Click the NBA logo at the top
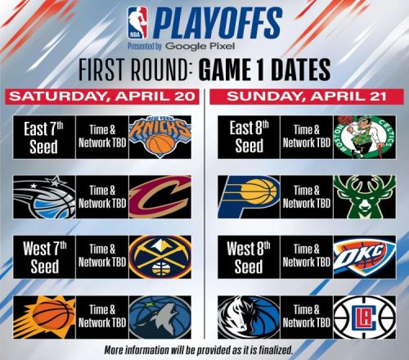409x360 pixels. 137,22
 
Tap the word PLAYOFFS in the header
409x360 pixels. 218,23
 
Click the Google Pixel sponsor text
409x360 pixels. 200,46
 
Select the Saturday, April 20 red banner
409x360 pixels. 102,97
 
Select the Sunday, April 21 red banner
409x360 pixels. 307,97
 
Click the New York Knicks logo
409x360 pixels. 160,137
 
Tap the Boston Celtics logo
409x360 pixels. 365,137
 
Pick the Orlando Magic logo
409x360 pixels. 44,197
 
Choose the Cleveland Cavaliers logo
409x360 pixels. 160,197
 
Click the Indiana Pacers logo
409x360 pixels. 249,197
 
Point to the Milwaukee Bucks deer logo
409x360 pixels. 365,197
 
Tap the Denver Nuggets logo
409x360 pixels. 160,257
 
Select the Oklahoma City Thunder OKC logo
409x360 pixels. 365,257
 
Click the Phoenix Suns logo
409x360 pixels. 44,317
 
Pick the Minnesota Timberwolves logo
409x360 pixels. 160,317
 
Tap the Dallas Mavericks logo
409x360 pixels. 249,317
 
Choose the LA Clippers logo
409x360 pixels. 365,317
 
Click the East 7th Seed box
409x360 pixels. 44,137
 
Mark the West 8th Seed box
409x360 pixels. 249,257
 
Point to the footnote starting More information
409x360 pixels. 199,350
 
